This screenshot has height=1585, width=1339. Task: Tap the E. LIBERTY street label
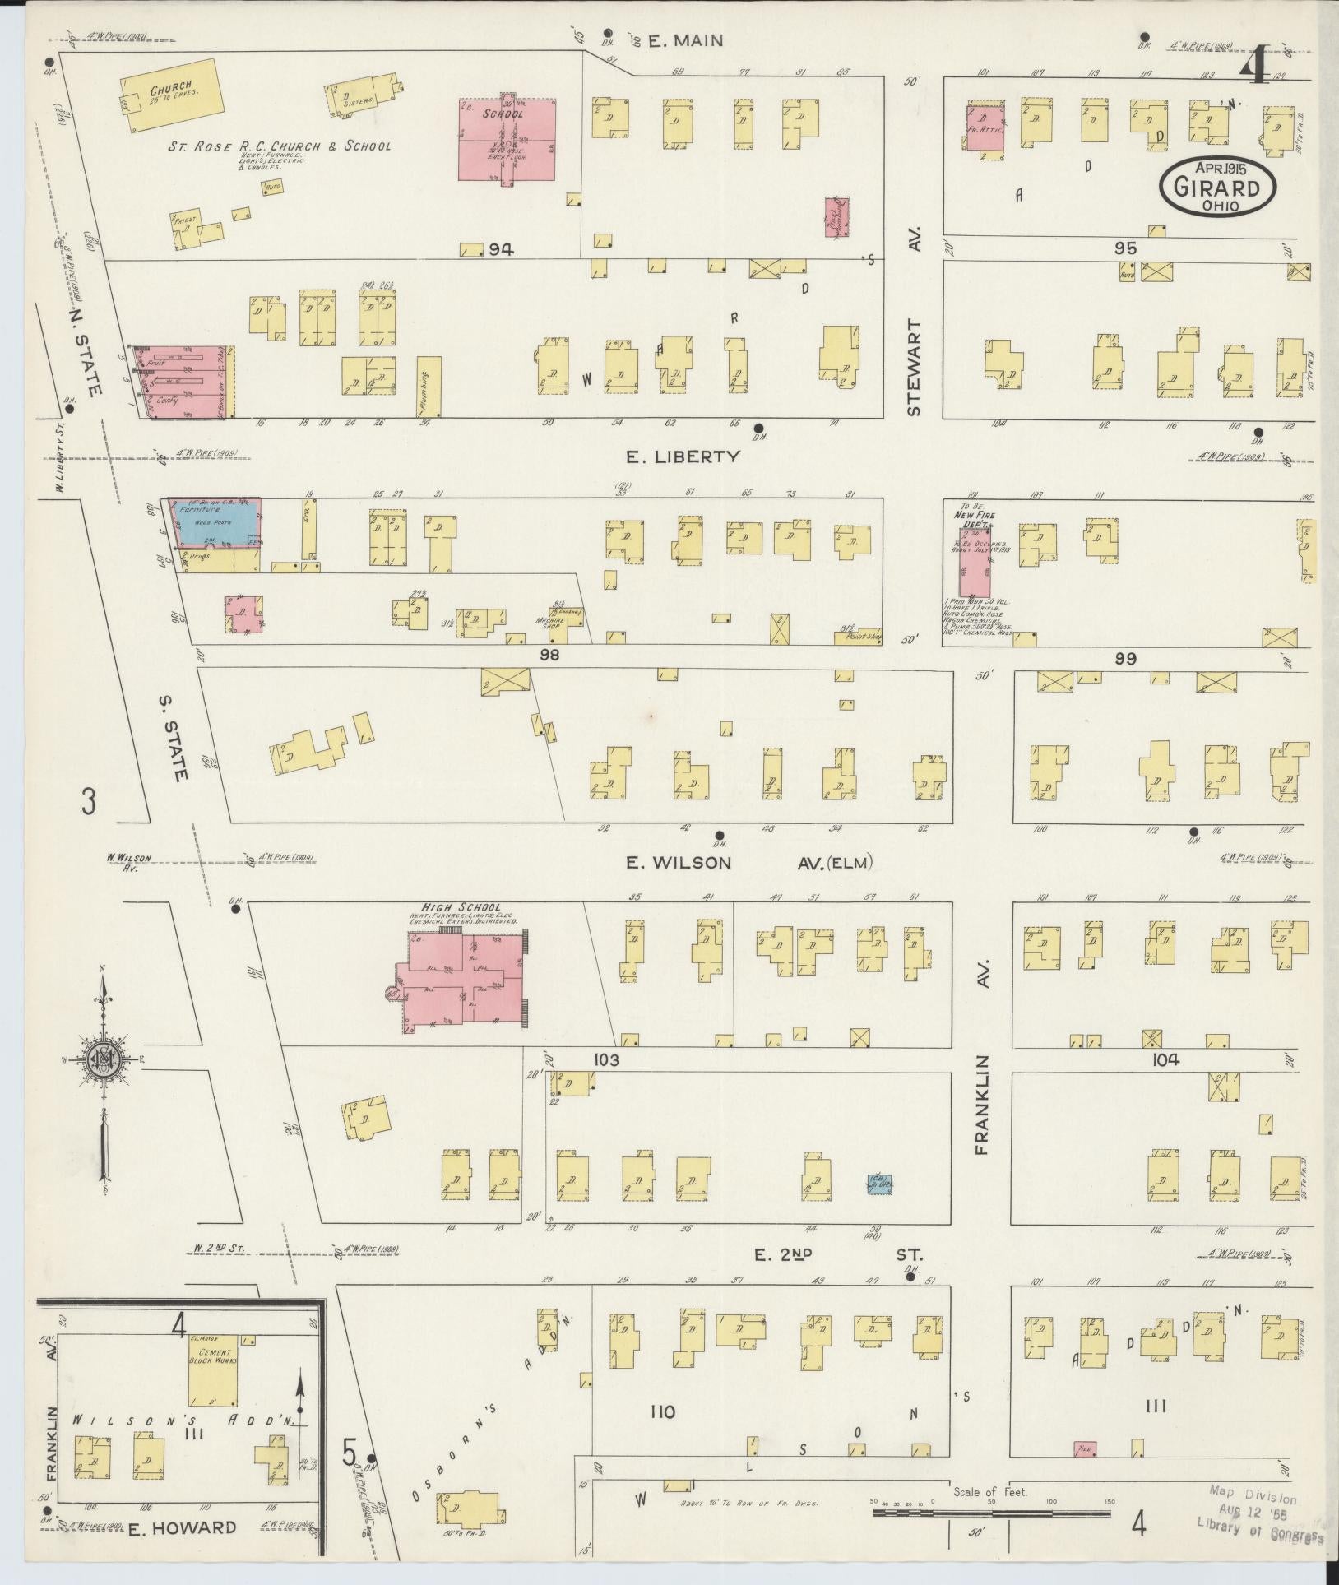click(x=688, y=456)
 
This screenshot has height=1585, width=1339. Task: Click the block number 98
click(x=549, y=655)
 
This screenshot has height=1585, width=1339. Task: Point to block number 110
click(x=661, y=1411)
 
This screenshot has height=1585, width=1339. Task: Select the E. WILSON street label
click(x=679, y=862)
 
